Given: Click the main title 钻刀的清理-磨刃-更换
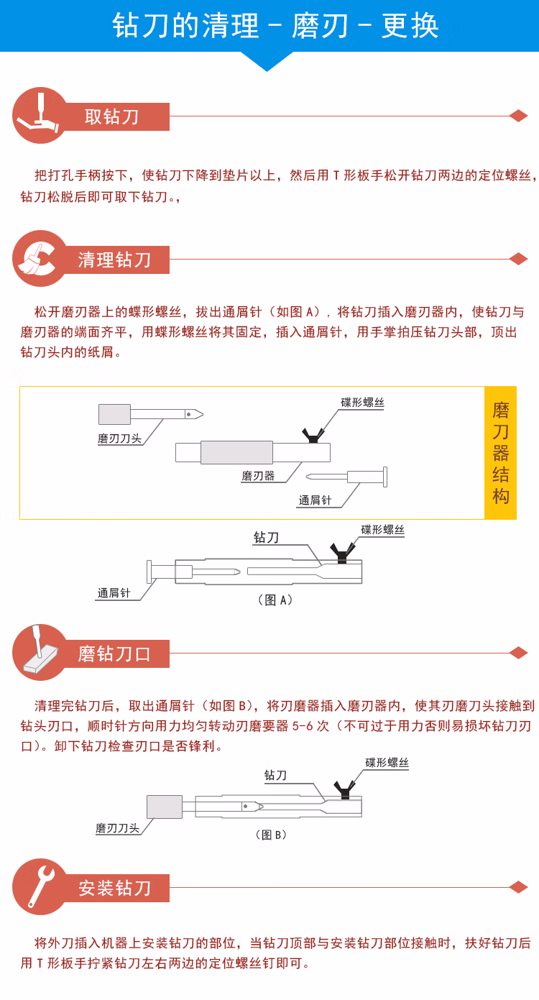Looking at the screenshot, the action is (275, 27).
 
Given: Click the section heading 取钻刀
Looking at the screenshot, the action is (112, 116).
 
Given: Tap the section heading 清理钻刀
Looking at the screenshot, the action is (115, 260).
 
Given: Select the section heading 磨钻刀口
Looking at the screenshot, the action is (115, 653).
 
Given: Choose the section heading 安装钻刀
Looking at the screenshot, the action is (115, 888).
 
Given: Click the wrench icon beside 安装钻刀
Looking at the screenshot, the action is (40, 887).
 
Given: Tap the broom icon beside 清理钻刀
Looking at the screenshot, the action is (40, 258).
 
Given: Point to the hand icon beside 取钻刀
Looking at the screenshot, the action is (40, 116).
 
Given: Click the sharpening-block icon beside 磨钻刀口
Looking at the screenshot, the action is (40, 653).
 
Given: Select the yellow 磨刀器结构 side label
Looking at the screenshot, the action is (500, 453).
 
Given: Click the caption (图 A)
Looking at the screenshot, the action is (275, 600).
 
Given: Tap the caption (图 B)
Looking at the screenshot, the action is (272, 835).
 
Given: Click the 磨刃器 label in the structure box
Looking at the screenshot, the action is (258, 476).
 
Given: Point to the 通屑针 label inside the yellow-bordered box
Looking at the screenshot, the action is (315, 500).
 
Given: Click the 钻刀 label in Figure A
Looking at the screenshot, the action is (266, 537).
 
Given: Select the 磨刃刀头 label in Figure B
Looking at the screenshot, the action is (117, 828).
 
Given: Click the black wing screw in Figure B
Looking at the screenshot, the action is (345, 789).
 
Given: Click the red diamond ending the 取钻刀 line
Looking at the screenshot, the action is (518, 116).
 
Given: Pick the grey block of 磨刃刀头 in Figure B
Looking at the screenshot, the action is (165, 807).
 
